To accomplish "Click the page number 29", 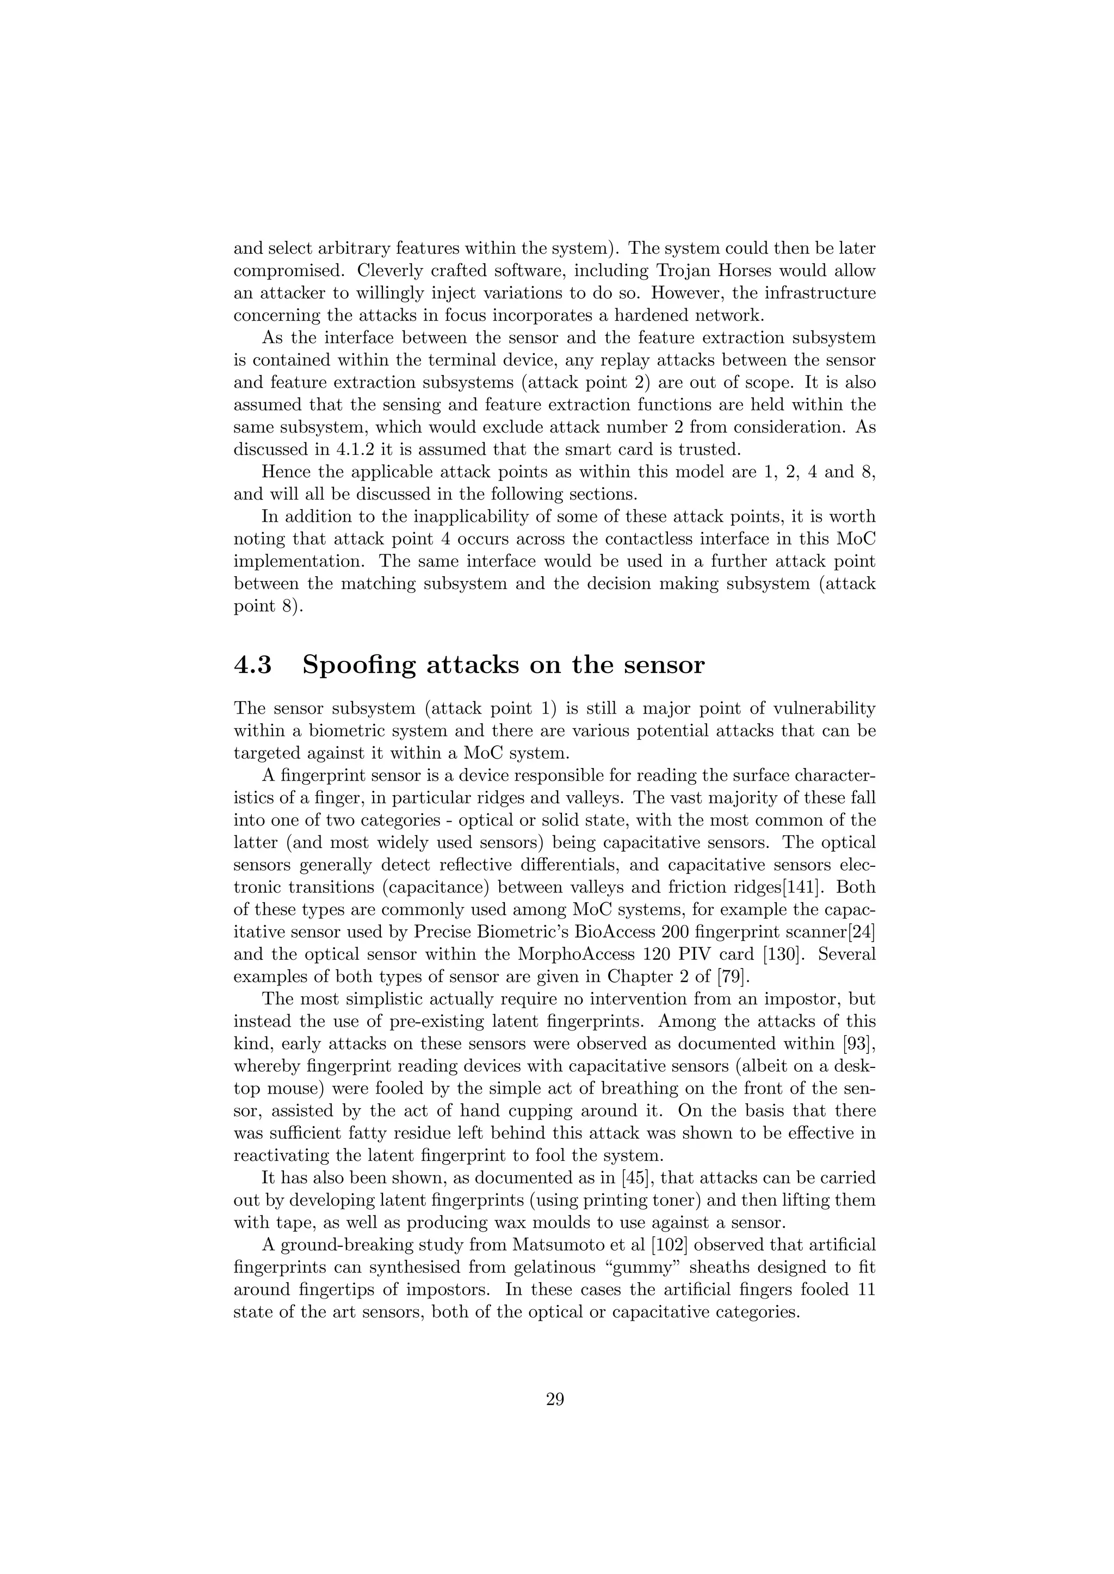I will tap(555, 1400).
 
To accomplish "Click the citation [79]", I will tap(733, 977).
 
